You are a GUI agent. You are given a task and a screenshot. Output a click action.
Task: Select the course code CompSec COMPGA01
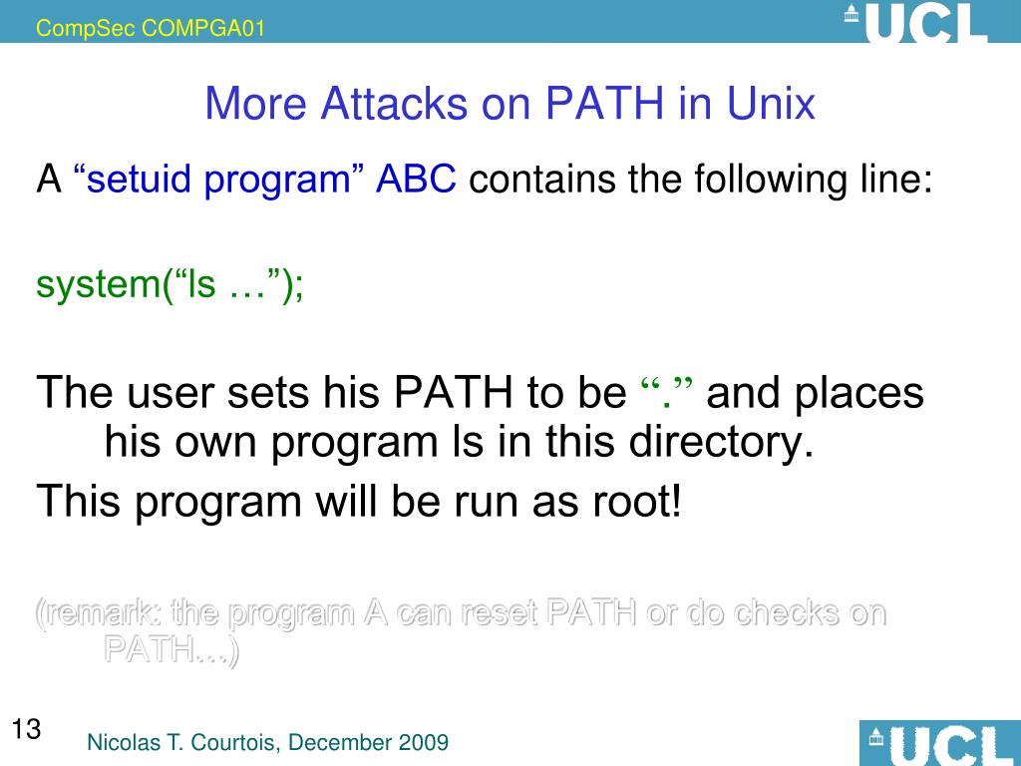pos(151,29)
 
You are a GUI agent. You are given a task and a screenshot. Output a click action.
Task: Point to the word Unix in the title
pos(769,104)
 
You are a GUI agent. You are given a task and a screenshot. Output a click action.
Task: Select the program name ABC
pos(416,181)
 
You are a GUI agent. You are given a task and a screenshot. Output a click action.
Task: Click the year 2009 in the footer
pos(423,742)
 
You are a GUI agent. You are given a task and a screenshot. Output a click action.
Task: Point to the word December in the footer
pos(343,742)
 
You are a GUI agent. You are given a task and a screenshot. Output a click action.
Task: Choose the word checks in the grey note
pos(782,611)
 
